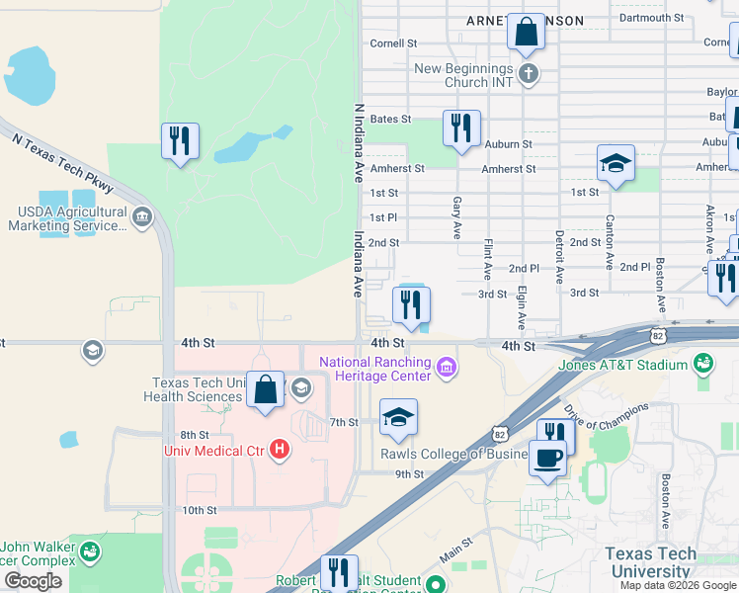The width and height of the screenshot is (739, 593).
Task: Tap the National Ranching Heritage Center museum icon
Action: point(448,368)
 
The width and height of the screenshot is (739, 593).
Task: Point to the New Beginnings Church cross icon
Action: point(529,74)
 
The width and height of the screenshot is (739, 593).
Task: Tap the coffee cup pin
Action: point(547,458)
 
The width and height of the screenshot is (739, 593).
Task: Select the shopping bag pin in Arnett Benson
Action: point(527,33)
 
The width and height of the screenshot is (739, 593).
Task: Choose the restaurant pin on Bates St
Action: point(461,128)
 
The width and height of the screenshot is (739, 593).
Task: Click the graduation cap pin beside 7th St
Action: point(398,418)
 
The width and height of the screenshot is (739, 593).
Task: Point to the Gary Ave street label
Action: point(456,216)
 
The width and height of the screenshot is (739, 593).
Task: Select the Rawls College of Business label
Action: point(454,455)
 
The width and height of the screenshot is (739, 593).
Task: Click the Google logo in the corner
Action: point(33,580)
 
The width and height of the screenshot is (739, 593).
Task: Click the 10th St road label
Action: point(199,510)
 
